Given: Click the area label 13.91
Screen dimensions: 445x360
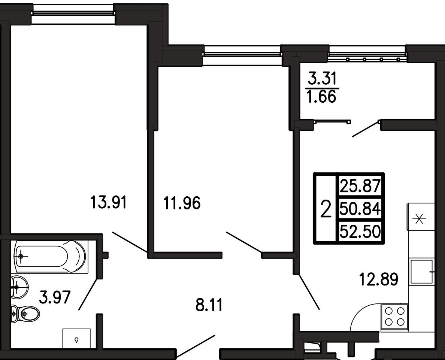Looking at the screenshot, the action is [108, 202].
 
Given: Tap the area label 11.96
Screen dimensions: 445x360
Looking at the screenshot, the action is [182, 203].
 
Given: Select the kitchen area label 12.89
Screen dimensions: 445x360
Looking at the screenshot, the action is [379, 279].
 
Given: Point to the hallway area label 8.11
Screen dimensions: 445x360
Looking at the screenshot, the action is [209, 305].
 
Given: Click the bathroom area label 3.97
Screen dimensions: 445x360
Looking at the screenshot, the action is [55, 298].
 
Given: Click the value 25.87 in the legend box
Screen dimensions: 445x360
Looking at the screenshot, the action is [360, 186].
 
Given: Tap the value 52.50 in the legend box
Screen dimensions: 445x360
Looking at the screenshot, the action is [360, 232].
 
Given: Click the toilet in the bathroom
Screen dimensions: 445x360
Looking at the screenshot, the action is [25, 314].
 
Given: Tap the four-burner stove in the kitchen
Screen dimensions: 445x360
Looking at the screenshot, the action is [394, 317].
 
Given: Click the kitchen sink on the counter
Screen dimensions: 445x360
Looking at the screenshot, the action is [421, 272].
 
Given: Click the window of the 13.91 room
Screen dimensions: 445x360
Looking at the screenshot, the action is [73, 13].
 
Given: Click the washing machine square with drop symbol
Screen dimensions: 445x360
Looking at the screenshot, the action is [77, 338].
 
